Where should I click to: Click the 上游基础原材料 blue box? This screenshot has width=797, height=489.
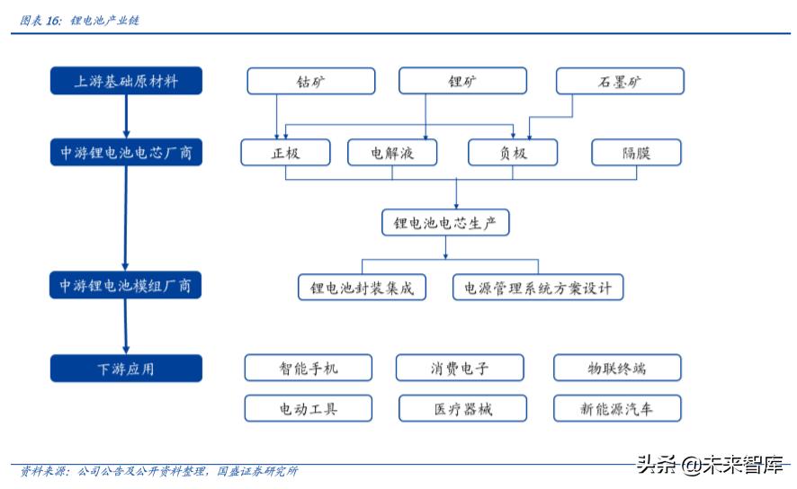126,81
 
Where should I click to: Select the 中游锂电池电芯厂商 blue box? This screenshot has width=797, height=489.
126,153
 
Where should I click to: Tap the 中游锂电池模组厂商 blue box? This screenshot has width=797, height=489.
126,286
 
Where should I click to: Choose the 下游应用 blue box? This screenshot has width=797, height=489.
126,369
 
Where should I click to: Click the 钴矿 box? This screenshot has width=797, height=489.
311,82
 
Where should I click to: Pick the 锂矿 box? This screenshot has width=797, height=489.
462,82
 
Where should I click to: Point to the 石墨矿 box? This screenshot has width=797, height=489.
620,82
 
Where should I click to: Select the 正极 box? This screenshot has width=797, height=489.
286,153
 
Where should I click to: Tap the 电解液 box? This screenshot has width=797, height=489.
392,153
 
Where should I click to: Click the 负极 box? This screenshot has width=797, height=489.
513,153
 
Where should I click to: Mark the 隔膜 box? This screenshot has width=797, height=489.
636,153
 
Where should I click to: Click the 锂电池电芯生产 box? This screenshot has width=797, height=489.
445,222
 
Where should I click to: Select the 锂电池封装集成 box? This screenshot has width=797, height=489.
362,288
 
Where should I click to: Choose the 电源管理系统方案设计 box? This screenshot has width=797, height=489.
538,288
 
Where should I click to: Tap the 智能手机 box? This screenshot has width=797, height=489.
309,368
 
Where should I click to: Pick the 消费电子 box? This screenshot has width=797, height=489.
460,368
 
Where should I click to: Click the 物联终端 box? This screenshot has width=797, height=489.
617,368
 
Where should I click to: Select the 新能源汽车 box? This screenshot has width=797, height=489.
617,409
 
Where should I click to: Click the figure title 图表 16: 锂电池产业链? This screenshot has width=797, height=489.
81,20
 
